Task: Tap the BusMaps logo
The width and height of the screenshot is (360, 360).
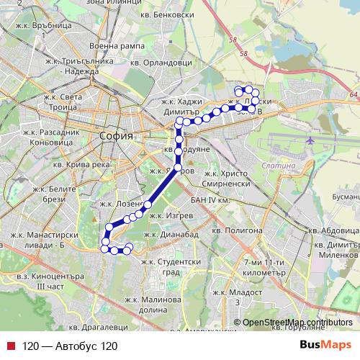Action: point(325,346)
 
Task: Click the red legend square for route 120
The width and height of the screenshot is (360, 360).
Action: point(9,346)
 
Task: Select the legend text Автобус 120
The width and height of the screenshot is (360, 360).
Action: point(69,346)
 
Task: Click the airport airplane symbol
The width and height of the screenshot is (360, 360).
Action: point(310,140)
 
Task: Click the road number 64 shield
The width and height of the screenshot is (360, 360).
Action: point(351,94)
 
